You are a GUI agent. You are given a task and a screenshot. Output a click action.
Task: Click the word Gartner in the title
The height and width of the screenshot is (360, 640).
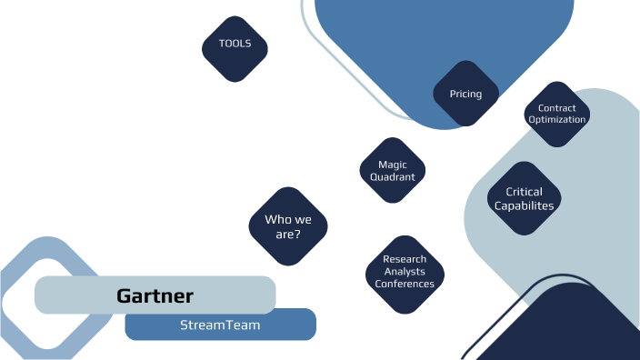(x=155, y=296)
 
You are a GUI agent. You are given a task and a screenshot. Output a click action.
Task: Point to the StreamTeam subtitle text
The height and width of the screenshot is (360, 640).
(x=220, y=325)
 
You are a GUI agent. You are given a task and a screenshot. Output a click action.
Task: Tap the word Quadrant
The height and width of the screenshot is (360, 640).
(x=393, y=177)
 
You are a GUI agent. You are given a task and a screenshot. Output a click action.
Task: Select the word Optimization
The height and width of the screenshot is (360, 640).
(x=557, y=119)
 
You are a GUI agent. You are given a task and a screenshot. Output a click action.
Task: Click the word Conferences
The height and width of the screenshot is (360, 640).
(x=405, y=284)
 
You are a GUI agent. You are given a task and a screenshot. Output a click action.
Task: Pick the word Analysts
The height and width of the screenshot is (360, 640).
(x=405, y=272)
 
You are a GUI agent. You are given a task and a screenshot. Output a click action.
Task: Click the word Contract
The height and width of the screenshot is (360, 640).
(x=557, y=108)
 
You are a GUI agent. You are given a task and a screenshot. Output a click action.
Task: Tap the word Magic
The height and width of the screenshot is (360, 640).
(x=393, y=165)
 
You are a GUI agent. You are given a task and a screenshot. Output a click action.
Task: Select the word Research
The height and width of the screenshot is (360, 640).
(x=405, y=260)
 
